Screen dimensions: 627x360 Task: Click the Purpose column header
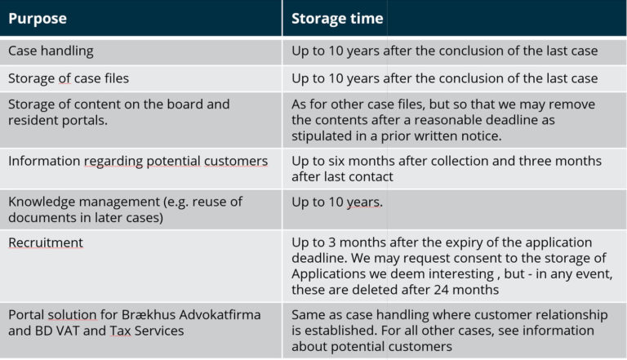pyautogui.click(x=38, y=19)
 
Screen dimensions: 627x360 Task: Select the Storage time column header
pyautogui.click(x=337, y=19)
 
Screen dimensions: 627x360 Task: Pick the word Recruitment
pyautogui.click(x=46, y=242)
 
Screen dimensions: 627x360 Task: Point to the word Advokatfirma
pyautogui.click(x=220, y=315)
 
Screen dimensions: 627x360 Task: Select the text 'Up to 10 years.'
pyautogui.click(x=337, y=202)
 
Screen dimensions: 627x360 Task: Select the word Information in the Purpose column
pyautogui.click(x=44, y=161)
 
